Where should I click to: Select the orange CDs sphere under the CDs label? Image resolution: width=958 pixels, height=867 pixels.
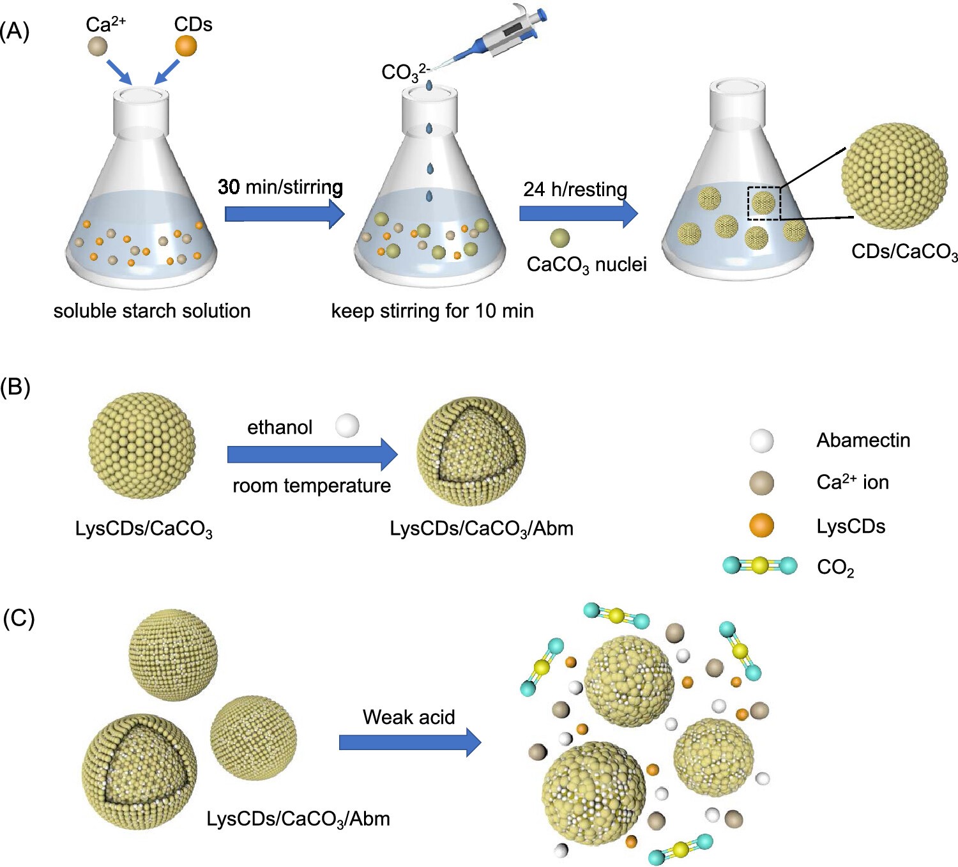186,46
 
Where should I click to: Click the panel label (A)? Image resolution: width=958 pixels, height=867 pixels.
15,31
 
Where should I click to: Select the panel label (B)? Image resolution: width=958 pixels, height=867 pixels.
15,387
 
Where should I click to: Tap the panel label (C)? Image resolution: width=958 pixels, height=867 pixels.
19,618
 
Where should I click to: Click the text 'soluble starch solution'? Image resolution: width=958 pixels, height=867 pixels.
152,311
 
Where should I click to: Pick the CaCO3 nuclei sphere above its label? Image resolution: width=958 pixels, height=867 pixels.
559,238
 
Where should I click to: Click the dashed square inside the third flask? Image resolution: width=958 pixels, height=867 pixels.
764,203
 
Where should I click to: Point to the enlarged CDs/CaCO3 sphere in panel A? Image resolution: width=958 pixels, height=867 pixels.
893,176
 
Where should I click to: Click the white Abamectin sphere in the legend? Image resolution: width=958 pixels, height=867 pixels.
761,441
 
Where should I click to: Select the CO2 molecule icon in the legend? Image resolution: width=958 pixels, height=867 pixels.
760,565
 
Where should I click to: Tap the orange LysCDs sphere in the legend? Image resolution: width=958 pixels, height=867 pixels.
761,526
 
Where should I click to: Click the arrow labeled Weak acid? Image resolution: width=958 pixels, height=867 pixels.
409,742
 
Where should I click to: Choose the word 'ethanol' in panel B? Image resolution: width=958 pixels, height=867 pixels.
280,427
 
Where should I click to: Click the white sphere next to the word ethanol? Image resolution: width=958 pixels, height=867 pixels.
347,426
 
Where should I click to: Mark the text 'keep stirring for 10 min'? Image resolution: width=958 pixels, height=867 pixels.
432,311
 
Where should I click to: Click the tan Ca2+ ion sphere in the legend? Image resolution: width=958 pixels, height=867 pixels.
761,484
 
